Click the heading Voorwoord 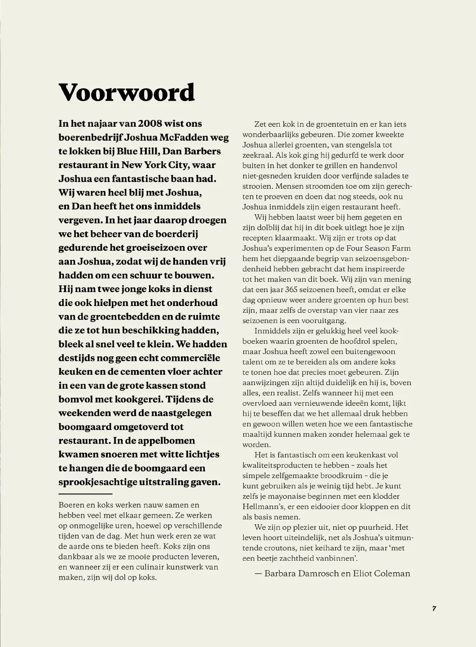pos(127,92)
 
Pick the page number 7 pos(434,608)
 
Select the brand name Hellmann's pos(260,506)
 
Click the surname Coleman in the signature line pos(392,573)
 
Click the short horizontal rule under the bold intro pos(79,494)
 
